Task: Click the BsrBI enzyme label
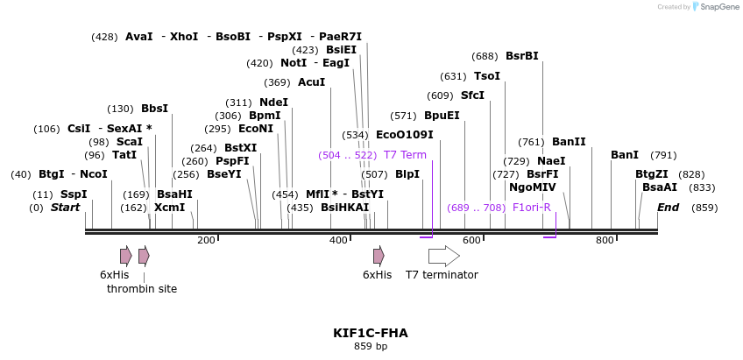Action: (x=522, y=56)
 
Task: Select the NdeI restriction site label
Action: (x=273, y=102)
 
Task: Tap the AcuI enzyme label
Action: (x=311, y=82)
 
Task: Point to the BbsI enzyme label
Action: (x=154, y=109)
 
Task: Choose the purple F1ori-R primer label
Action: (x=531, y=208)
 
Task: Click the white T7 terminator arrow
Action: (x=443, y=256)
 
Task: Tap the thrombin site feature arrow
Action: (x=144, y=256)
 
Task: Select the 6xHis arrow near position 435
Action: (x=379, y=256)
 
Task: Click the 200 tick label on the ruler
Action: (x=206, y=240)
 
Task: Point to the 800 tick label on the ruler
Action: (x=605, y=240)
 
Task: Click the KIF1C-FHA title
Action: (x=371, y=333)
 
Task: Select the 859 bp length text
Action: (x=371, y=347)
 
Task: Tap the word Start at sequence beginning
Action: (x=65, y=208)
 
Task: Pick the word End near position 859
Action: (x=668, y=208)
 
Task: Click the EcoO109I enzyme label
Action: (x=404, y=135)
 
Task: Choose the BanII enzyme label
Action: (x=569, y=142)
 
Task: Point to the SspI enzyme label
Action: (x=74, y=194)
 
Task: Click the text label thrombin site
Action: (x=142, y=288)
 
